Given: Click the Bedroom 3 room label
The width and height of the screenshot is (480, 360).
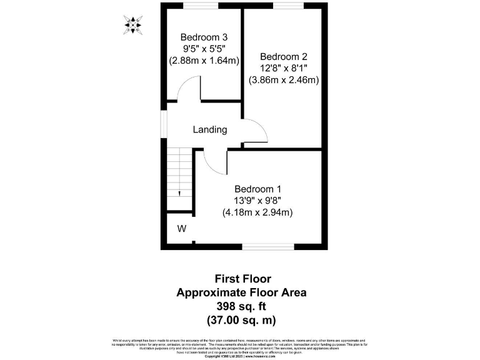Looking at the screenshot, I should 204,36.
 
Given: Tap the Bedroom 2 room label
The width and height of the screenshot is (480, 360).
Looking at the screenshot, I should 283,56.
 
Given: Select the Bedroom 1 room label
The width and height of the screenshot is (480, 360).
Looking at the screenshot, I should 257,189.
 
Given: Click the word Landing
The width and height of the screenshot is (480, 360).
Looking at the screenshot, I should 209,130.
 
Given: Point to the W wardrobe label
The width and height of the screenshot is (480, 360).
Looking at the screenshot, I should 182,229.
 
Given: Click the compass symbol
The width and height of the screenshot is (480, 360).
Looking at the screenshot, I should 132,25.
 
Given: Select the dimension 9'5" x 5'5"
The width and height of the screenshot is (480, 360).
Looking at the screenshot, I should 204,48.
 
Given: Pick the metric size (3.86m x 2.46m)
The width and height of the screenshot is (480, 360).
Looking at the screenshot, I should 284,79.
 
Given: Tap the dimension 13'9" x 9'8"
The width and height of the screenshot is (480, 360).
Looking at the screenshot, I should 257,201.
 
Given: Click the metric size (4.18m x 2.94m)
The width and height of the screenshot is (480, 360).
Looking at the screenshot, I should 257,212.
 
